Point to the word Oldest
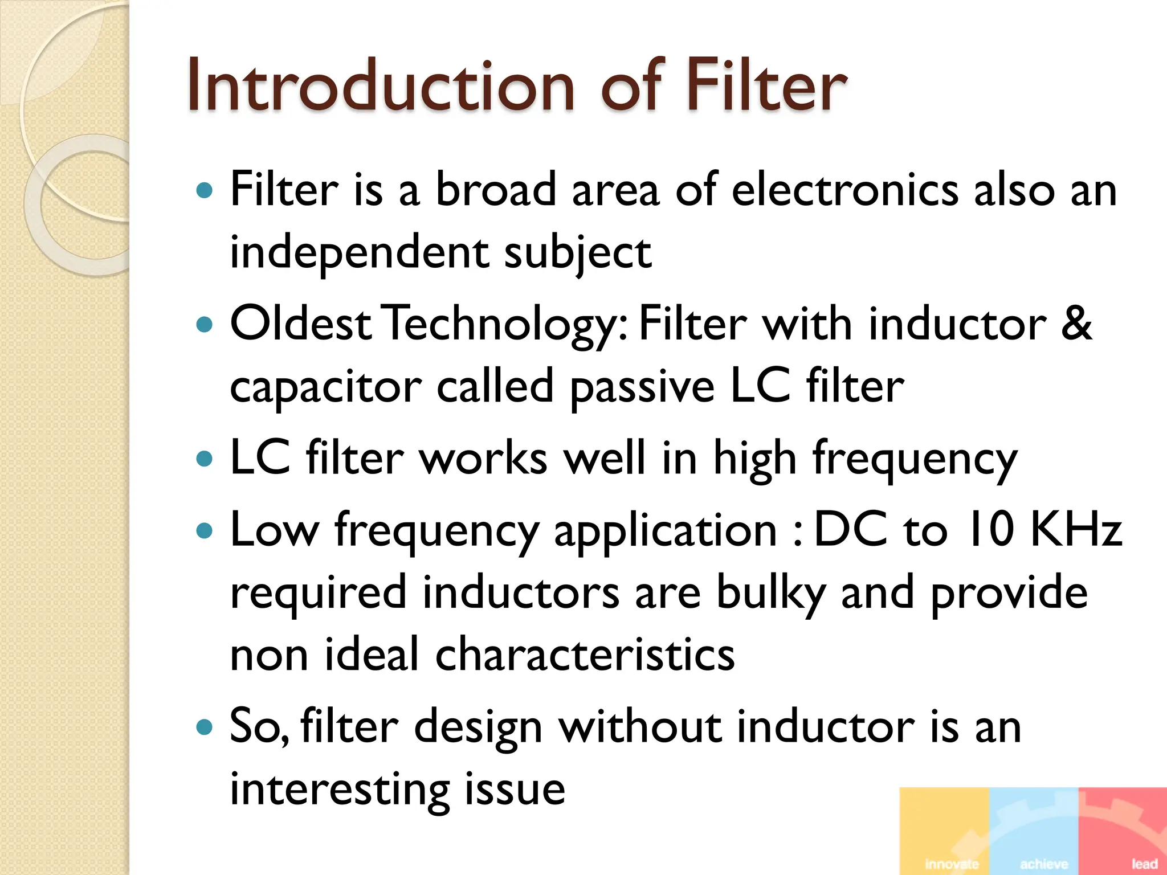click(x=301, y=324)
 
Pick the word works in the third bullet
click(x=483, y=458)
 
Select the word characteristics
click(x=585, y=655)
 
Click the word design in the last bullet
click(x=478, y=727)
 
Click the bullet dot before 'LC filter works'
click(x=204, y=458)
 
